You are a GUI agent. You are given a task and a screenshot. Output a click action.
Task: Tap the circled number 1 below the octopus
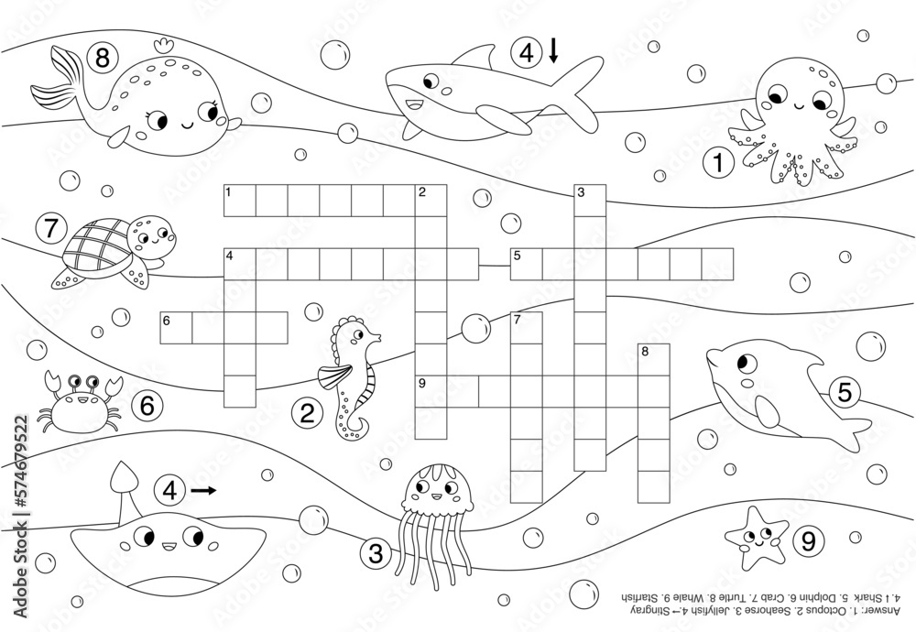click(x=719, y=164)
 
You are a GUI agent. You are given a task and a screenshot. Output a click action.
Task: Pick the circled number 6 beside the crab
click(x=147, y=404)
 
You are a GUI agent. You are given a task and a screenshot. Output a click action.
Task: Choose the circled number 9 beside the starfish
click(x=807, y=541)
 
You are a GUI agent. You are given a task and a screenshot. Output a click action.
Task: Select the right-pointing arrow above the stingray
click(x=204, y=491)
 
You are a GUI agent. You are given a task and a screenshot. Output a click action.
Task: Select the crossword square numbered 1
click(x=240, y=200)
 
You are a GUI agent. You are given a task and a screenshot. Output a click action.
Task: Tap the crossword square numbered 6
click(x=176, y=327)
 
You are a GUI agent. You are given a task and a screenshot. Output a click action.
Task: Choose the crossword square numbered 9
click(x=431, y=390)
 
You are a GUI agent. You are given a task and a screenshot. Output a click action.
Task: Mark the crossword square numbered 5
click(x=526, y=263)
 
